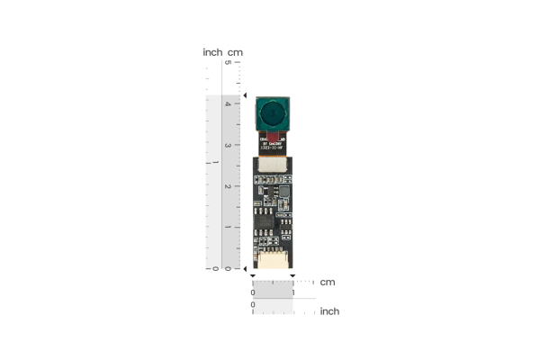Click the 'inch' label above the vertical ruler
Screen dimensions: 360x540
pyautogui.click(x=212, y=52)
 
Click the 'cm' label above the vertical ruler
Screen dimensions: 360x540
pyautogui.click(x=235, y=52)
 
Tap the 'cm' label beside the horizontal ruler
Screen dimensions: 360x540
pyautogui.click(x=328, y=282)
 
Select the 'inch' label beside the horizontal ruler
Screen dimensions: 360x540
pyautogui.click(x=329, y=311)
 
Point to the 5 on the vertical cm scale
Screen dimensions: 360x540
pyautogui.click(x=227, y=63)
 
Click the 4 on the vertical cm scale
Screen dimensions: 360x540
pyautogui.click(x=227, y=103)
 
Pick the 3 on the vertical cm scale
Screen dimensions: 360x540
pyautogui.click(x=227, y=145)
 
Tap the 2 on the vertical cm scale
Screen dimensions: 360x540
pyautogui.click(x=227, y=186)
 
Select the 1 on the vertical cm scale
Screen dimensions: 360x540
pyautogui.click(x=227, y=228)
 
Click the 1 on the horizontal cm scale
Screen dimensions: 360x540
pyautogui.click(x=293, y=292)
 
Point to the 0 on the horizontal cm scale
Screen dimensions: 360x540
pyautogui.click(x=253, y=292)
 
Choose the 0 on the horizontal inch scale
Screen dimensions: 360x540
pyautogui.click(x=253, y=305)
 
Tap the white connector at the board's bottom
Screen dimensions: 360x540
pyautogui.click(x=272, y=261)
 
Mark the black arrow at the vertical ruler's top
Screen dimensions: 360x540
pyautogui.click(x=246, y=94)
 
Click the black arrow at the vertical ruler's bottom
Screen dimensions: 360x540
pyautogui.click(x=246, y=268)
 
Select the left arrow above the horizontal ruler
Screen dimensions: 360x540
pyautogui.click(x=253, y=276)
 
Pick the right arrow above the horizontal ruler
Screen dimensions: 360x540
pyautogui.click(x=293, y=276)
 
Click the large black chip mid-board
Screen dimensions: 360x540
pyautogui.click(x=266, y=220)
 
